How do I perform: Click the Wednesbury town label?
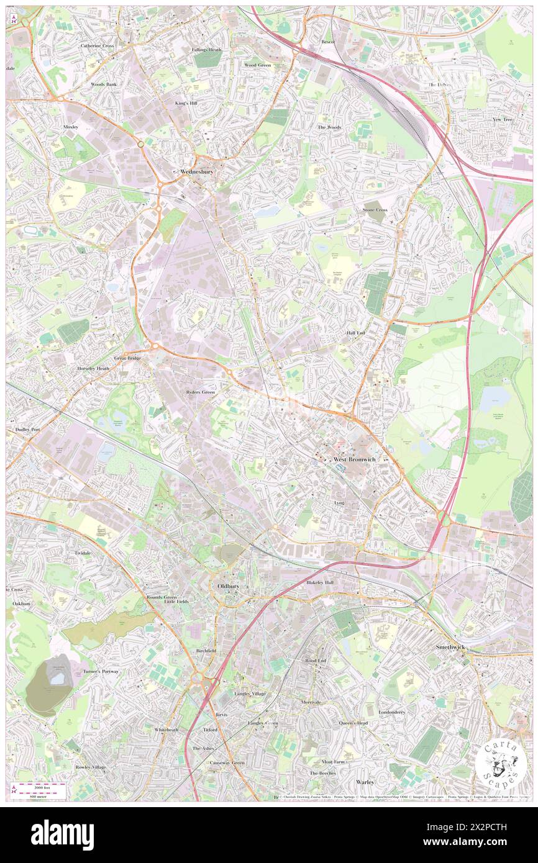[196, 172]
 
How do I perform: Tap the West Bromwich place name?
[356, 459]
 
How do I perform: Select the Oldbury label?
[224, 585]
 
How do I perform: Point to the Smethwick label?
[450, 647]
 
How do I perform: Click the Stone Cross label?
[375, 210]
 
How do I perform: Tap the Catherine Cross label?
[97, 46]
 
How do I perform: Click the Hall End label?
[356, 333]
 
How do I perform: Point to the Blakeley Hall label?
[320, 583]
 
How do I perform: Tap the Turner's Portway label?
[101, 672]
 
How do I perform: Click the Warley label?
[365, 782]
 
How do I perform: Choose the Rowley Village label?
[91, 767]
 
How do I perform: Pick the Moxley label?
[72, 127]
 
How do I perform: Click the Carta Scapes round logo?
[501, 762]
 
